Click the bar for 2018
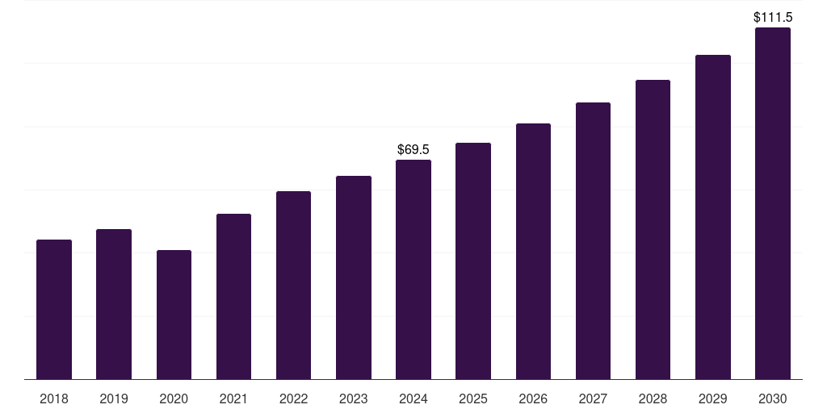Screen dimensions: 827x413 (54, 309)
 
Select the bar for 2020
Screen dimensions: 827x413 (174, 315)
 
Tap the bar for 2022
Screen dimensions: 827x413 (293, 285)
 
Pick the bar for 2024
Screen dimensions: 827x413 (413, 269)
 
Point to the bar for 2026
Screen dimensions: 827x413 (533, 252)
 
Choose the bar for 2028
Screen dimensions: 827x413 (653, 230)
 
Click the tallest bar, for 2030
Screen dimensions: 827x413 (773, 203)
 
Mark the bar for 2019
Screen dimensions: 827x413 (114, 304)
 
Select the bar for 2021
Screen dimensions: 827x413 (233, 297)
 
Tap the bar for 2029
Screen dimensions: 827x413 (713, 217)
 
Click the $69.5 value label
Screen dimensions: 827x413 (413, 149)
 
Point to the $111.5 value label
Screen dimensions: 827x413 (773, 18)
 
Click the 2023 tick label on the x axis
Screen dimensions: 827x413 (354, 398)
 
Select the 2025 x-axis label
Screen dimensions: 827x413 (473, 398)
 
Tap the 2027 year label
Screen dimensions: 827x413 (593, 398)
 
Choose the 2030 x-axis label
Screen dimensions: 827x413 (773, 398)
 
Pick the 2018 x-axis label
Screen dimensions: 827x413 (54, 398)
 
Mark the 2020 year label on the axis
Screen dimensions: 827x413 (174, 398)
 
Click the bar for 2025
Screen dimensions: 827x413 (473, 261)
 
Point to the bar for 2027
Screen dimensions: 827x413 (593, 240)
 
